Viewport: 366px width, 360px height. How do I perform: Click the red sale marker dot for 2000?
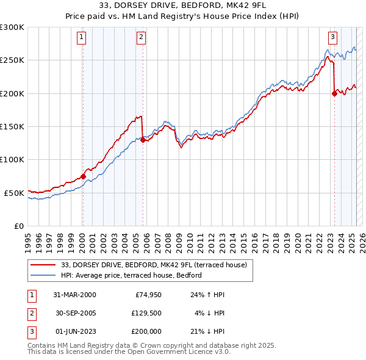83,176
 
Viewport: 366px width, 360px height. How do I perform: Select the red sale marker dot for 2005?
143,140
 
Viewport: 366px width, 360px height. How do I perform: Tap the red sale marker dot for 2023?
334,93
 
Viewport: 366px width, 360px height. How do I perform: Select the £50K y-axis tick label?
14,193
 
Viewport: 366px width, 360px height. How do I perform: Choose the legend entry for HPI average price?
132,276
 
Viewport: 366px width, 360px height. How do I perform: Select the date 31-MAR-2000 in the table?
74,295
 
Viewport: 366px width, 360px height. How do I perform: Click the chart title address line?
183,6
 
